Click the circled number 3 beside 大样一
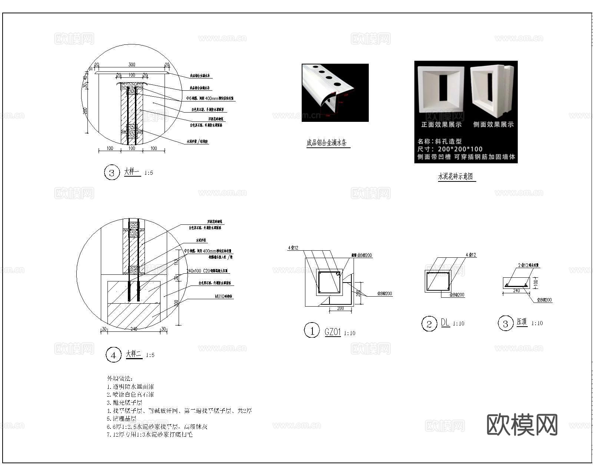click(112, 173)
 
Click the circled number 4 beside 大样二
click(113, 355)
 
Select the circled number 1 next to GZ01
click(312, 330)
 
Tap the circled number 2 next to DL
click(429, 324)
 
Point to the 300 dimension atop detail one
click(132, 64)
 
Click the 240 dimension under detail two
click(133, 329)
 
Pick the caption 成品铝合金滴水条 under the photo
click(327, 143)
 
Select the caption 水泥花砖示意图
click(455, 177)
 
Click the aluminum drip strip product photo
click(335, 93)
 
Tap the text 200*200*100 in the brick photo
click(460, 149)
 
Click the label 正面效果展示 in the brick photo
click(441, 125)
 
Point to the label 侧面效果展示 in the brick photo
click(493, 125)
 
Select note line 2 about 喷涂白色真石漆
click(130, 394)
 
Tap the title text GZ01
click(332, 332)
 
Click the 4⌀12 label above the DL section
click(471, 255)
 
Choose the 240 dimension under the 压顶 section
click(516, 291)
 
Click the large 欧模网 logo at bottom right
click(522, 424)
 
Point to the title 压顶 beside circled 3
click(522, 322)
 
